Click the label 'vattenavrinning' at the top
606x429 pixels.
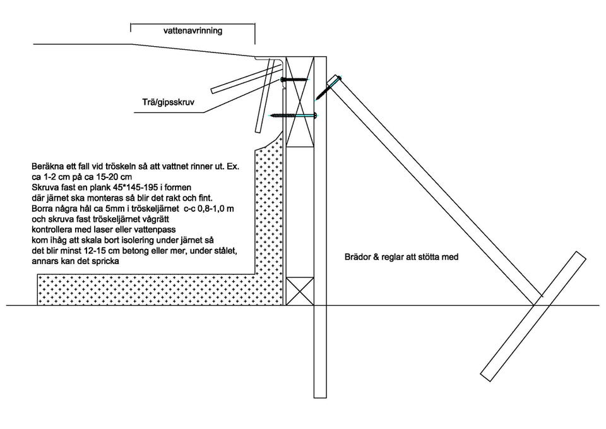(x=193, y=30)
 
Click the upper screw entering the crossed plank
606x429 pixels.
(x=294, y=80)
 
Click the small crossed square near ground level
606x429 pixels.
(x=300, y=291)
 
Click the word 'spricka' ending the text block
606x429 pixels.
(x=100, y=260)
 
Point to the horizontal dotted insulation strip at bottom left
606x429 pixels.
(x=145, y=290)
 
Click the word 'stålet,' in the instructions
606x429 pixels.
(x=222, y=250)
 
